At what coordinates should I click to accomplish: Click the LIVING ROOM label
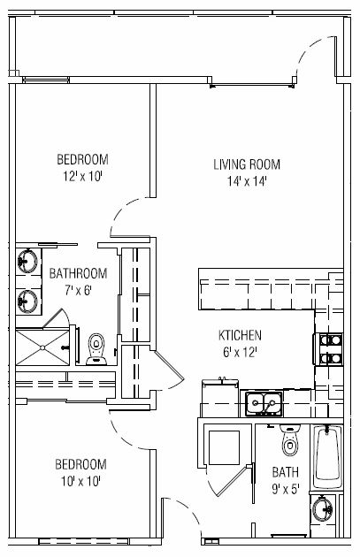(x=247, y=164)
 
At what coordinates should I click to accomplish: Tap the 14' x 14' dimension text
(x=247, y=181)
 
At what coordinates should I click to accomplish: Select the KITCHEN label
(x=240, y=335)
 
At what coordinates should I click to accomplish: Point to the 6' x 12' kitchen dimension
(x=240, y=353)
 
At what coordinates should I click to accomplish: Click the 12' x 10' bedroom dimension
(x=83, y=176)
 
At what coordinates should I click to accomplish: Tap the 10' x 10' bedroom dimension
(x=81, y=482)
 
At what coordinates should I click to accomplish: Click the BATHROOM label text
(x=78, y=273)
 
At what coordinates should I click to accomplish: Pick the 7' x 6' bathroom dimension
(x=78, y=291)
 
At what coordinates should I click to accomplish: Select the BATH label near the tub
(x=286, y=472)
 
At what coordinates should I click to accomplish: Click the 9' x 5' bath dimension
(x=286, y=490)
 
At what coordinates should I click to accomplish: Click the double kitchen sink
(x=263, y=403)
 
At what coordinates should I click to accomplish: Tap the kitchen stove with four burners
(x=328, y=349)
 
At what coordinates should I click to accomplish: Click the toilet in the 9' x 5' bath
(x=290, y=439)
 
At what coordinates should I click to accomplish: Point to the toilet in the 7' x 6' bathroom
(x=96, y=349)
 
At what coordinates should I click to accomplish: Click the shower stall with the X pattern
(x=42, y=347)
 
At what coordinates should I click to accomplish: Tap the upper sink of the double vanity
(x=27, y=261)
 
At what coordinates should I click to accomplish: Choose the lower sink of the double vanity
(x=27, y=301)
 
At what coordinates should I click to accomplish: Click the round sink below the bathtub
(x=322, y=509)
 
